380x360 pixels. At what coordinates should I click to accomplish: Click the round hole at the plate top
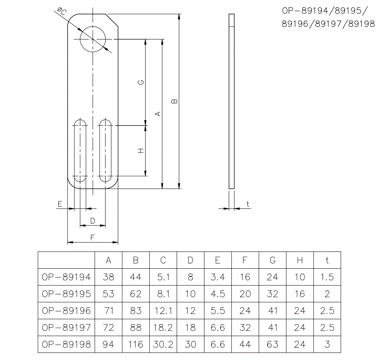93,39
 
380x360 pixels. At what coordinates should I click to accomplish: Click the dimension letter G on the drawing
141,82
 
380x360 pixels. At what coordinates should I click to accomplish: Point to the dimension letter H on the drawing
141,151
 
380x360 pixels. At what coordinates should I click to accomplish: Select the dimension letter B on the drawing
174,101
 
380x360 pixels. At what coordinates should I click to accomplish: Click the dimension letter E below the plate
60,204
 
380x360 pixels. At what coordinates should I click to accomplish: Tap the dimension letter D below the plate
92,221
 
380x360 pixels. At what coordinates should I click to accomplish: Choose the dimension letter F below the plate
92,238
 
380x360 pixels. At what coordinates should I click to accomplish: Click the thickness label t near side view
248,204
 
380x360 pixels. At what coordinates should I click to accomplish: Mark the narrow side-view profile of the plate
232,101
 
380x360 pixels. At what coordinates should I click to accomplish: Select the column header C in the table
163,260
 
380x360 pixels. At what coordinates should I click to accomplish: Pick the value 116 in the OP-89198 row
136,344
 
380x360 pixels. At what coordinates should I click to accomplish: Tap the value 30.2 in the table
163,344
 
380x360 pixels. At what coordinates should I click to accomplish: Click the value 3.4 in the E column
217,277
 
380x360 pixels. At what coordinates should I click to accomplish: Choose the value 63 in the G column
272,344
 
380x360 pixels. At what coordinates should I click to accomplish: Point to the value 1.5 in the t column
327,277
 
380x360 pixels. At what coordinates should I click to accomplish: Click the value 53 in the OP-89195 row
108,294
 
